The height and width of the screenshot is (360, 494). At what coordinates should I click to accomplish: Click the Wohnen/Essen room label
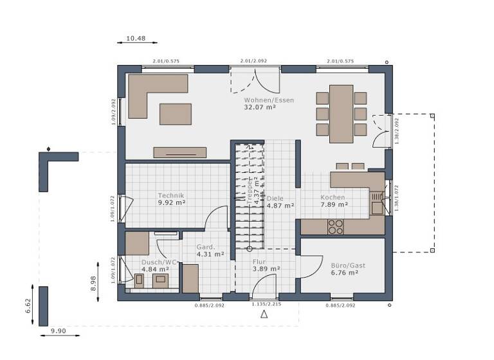tap(260, 100)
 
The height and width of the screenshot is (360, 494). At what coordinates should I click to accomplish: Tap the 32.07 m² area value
tap(260, 108)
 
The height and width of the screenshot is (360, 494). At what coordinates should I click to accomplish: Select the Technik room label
tap(171, 195)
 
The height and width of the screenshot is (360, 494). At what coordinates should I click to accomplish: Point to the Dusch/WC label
tap(159, 262)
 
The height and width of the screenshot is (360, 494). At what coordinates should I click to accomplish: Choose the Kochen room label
tap(333, 197)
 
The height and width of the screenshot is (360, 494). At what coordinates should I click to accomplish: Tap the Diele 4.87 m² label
tap(280, 202)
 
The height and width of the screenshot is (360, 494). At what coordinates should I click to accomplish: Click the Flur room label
tap(259, 262)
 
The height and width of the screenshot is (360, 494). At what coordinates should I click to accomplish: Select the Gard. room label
tap(205, 247)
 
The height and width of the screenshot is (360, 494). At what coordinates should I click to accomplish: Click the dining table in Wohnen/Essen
tap(341, 114)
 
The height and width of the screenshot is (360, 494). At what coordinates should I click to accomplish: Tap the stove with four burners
tap(336, 226)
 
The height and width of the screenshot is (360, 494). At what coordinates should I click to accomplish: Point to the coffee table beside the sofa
tap(176, 114)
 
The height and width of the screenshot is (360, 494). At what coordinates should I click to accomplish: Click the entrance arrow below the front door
tap(263, 314)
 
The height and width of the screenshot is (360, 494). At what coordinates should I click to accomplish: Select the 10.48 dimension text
tap(136, 39)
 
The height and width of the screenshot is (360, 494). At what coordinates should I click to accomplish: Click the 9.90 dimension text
tap(59, 331)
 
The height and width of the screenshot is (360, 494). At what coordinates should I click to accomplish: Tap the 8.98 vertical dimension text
tap(93, 283)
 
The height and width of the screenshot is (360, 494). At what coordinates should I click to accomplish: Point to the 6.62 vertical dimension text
tap(28, 306)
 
